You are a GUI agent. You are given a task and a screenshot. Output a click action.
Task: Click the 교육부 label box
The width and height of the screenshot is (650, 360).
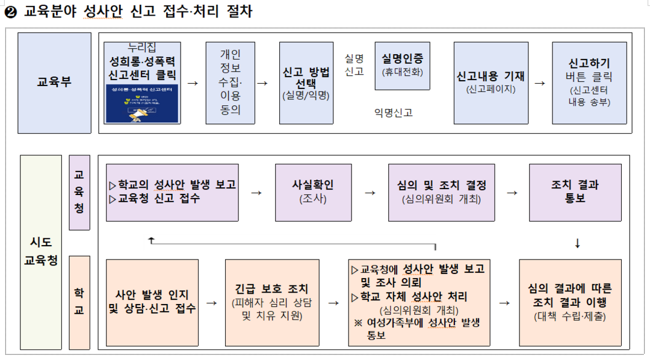[54, 82]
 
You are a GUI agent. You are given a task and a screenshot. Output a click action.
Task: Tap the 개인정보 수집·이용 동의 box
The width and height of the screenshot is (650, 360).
[231, 82]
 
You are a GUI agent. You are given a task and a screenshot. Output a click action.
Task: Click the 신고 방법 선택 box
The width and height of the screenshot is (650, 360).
[306, 82]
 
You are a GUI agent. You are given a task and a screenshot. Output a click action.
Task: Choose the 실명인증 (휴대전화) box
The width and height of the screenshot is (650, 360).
[402, 66]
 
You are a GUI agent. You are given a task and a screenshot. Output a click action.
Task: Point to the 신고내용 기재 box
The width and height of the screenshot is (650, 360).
[491, 82]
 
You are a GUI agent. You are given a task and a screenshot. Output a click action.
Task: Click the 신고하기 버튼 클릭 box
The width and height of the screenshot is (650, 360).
[589, 82]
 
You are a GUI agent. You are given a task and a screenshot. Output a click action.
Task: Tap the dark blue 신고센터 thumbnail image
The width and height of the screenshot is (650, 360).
[143, 104]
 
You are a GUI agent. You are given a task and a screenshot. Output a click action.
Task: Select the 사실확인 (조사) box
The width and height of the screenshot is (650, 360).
[313, 192]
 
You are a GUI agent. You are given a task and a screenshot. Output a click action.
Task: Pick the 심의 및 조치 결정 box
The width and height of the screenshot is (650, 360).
[442, 192]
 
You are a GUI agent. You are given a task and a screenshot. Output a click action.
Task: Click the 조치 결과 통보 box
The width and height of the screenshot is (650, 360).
[575, 192]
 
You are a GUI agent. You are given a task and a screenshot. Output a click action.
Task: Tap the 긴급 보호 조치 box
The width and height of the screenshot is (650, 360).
[272, 302]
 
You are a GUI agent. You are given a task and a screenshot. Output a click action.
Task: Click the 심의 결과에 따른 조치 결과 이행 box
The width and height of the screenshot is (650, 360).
[570, 302]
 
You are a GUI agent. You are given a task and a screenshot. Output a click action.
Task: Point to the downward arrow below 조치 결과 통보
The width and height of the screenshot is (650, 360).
[578, 243]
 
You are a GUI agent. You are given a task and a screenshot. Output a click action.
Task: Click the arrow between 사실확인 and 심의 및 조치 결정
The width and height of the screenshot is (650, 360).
[370, 193]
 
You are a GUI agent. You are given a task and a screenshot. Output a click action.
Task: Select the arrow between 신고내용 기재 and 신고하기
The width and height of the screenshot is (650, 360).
[540, 83]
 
